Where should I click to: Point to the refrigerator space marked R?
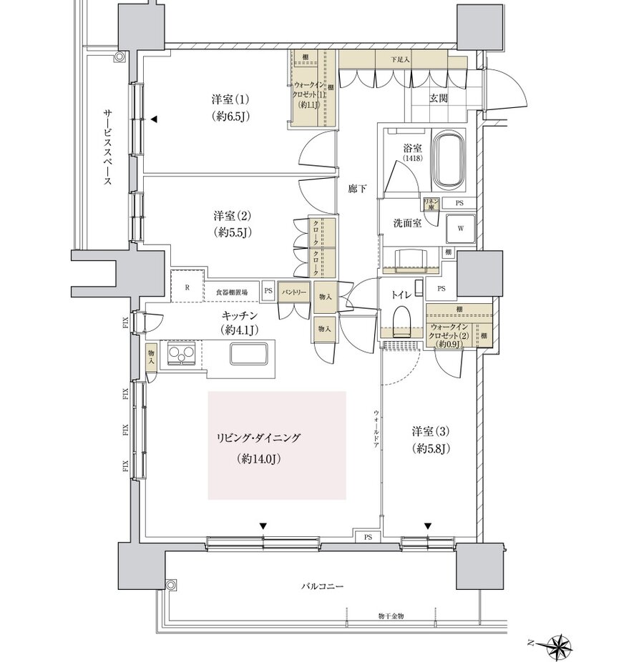point(187,289)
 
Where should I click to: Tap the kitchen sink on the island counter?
point(248,354)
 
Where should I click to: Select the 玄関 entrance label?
point(439,99)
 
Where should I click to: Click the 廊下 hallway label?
point(357,189)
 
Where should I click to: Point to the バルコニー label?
point(321,586)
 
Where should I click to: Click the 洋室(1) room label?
point(225,98)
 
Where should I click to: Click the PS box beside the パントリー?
point(268,291)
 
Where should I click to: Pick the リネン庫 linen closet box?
point(431,203)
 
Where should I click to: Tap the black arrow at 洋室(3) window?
point(428,526)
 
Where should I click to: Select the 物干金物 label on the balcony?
point(391,616)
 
